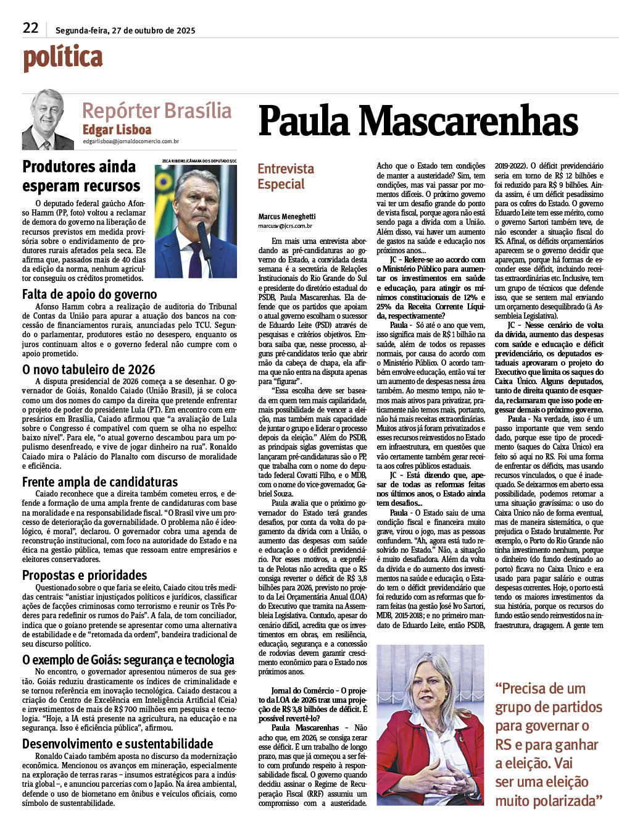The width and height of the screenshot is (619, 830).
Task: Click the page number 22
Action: pyautogui.click(x=30, y=28)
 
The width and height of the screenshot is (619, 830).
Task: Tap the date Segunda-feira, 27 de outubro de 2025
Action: pyautogui.click(x=125, y=30)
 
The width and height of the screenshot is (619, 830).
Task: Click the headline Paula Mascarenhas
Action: pyautogui.click(x=418, y=120)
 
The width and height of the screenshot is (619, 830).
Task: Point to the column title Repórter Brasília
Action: pyautogui.click(x=157, y=111)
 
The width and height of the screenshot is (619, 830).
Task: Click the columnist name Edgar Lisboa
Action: pyautogui.click(x=117, y=130)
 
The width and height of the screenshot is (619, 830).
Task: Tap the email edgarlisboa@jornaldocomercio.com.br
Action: pyautogui.click(x=131, y=142)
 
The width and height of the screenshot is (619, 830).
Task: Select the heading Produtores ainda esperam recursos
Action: pyautogui.click(x=81, y=176)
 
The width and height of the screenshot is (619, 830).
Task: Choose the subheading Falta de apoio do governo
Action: pyautogui.click(x=89, y=295)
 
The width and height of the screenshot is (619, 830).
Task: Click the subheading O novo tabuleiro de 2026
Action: pyautogui.click(x=89, y=369)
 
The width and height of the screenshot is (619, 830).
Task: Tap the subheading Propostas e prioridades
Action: pyautogui.click(x=85, y=575)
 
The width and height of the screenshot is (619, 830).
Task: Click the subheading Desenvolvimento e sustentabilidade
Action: pyautogui.click(x=118, y=744)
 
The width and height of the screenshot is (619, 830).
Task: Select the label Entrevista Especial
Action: pyautogui.click(x=285, y=176)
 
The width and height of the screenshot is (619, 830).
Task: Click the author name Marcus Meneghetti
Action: pyautogui.click(x=287, y=217)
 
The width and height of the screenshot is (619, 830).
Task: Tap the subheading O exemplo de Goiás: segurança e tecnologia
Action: pyautogui.click(x=128, y=660)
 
